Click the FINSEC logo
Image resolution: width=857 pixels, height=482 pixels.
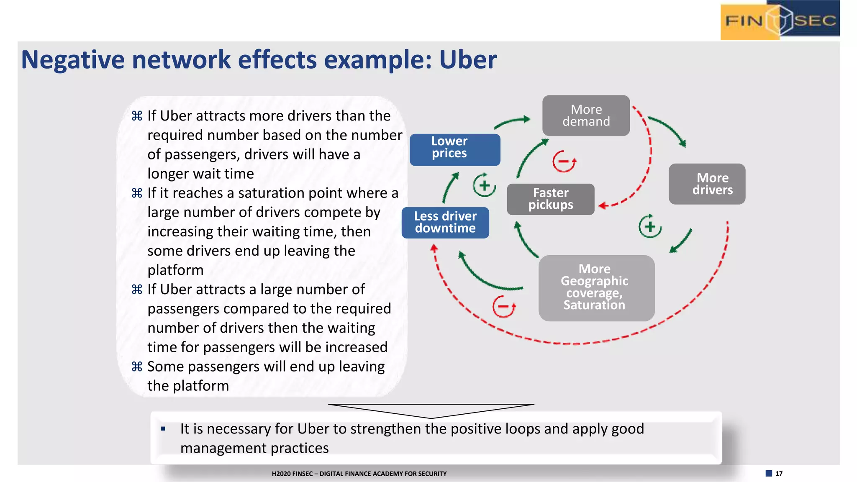pos(780,20)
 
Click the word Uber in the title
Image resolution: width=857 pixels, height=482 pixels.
pos(467,59)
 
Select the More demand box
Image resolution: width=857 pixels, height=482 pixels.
pos(586,115)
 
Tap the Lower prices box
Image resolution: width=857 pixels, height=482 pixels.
pos(454,149)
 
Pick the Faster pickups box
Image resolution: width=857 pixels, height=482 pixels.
pos(550,199)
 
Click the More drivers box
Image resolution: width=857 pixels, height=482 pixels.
pos(707,184)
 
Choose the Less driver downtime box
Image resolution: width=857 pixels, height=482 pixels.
pos(445,223)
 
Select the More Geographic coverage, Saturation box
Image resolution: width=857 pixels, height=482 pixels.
pos(596,288)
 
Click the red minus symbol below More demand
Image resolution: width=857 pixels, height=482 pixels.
pos(564,162)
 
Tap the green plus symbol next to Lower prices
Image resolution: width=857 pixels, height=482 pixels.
pos(484,185)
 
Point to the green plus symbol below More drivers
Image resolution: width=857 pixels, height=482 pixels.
pos(649,226)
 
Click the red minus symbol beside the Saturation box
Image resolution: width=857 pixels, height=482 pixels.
pos(503,306)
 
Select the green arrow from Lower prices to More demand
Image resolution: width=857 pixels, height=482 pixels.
pos(512,122)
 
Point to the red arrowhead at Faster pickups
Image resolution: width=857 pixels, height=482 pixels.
pos(603,205)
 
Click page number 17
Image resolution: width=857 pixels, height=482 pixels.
pos(779,473)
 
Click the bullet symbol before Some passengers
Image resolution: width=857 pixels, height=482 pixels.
pos(137,367)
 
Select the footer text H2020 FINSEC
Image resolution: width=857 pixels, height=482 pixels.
pos(359,474)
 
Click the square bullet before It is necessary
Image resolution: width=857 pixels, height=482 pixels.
pos(163,429)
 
